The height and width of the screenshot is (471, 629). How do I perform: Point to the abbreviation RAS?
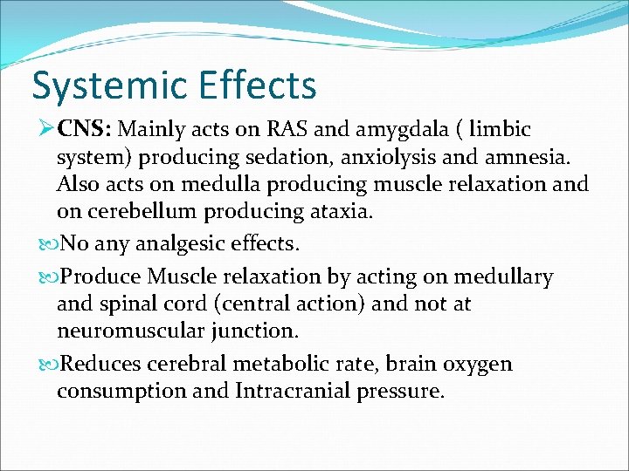(x=279, y=130)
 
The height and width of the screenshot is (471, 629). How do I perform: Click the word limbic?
(x=499, y=130)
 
